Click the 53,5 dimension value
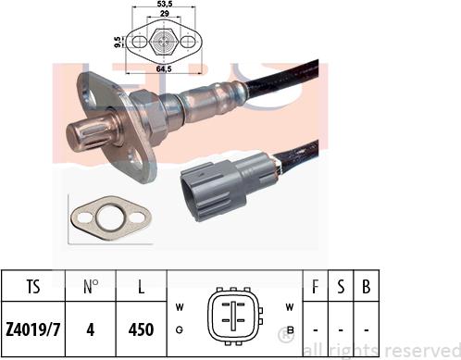pyautogui.click(x=164, y=4)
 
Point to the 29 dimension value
pyautogui.click(x=164, y=13)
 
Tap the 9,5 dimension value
pyautogui.click(x=118, y=42)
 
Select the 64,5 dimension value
pyautogui.click(x=164, y=69)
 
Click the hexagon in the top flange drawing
pyautogui.click(x=163, y=42)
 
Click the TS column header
pyautogui.click(x=33, y=287)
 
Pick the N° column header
pyautogui.click(x=91, y=287)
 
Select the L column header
pyautogui.click(x=141, y=287)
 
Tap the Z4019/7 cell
pyautogui.click(x=32, y=329)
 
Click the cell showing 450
pyautogui.click(x=141, y=329)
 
